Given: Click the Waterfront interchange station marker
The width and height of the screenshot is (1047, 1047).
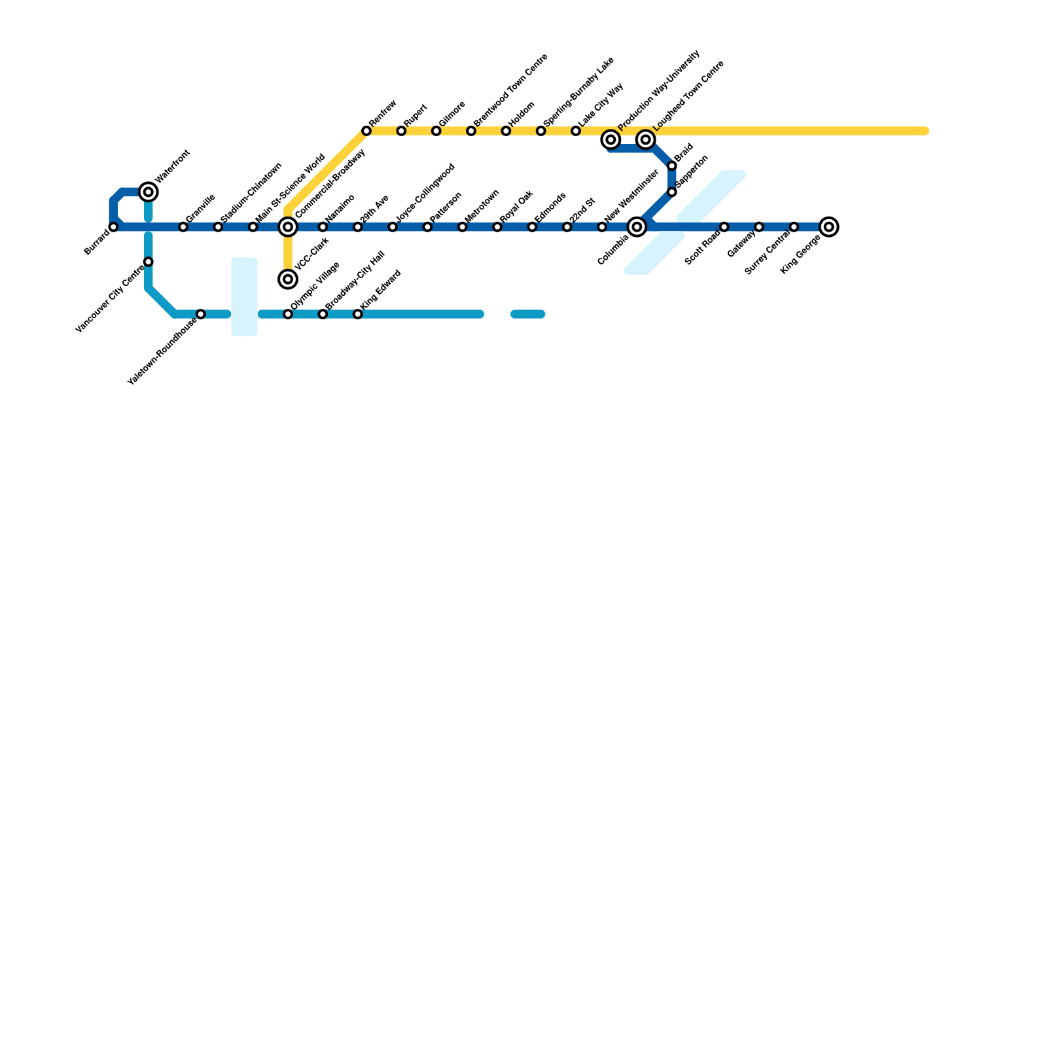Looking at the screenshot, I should click(149, 192).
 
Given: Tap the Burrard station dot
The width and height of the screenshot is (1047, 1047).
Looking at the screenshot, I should click(114, 227).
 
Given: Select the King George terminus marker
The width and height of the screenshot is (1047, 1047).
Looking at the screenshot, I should click(829, 227).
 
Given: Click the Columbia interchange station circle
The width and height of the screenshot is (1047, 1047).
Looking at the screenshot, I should click(637, 227).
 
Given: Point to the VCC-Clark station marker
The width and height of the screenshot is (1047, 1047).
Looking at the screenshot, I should click(288, 279).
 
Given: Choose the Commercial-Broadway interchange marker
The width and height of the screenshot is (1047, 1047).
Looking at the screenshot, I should click(288, 227).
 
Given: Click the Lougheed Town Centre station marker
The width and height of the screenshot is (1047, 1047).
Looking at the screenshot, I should click(646, 139).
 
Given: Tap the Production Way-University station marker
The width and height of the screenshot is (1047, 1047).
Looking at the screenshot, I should click(611, 139).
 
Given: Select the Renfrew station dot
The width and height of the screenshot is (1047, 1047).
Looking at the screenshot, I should click(366, 132).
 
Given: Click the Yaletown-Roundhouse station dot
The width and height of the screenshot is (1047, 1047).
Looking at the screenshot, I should click(201, 314).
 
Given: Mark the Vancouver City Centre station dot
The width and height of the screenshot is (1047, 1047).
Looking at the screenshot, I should click(149, 262).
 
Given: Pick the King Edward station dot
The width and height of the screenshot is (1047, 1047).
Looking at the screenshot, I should click(358, 314).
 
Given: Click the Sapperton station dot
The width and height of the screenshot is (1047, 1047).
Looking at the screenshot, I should click(672, 192).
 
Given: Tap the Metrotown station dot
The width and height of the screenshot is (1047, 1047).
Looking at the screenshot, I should click(463, 227).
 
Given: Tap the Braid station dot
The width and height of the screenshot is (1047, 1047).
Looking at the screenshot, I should click(672, 166).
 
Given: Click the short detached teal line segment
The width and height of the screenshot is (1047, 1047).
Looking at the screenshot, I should click(528, 314).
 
